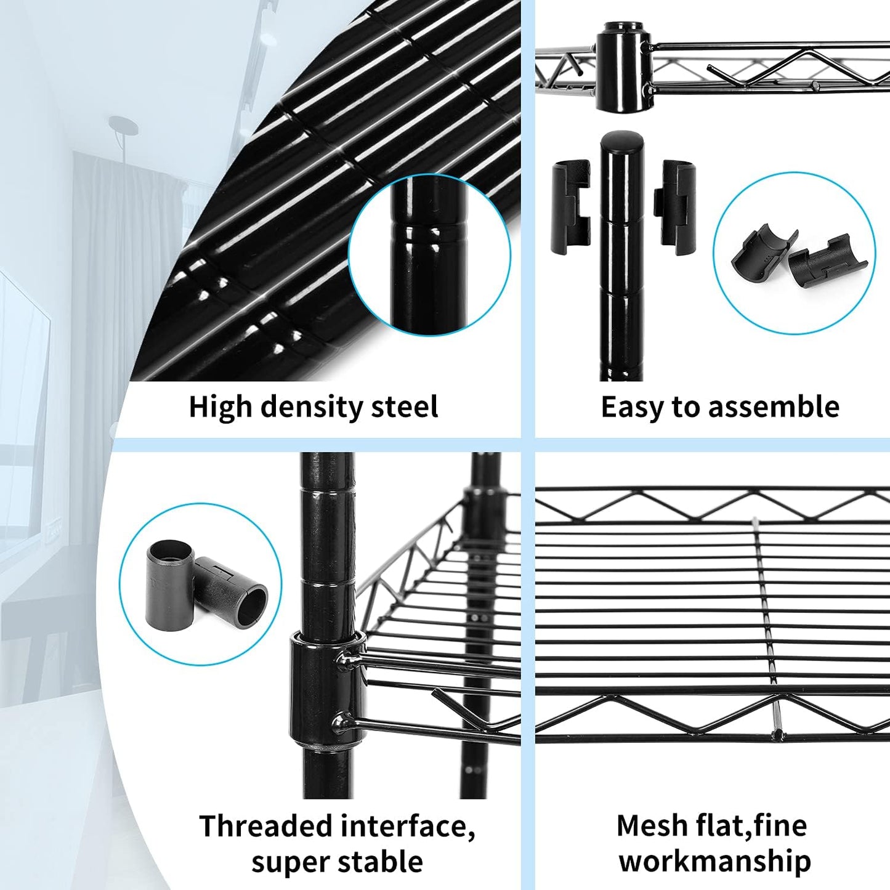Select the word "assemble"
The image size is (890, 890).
tap(774, 407)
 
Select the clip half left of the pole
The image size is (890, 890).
tap(570, 208)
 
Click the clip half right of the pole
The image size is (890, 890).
tap(675, 208)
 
